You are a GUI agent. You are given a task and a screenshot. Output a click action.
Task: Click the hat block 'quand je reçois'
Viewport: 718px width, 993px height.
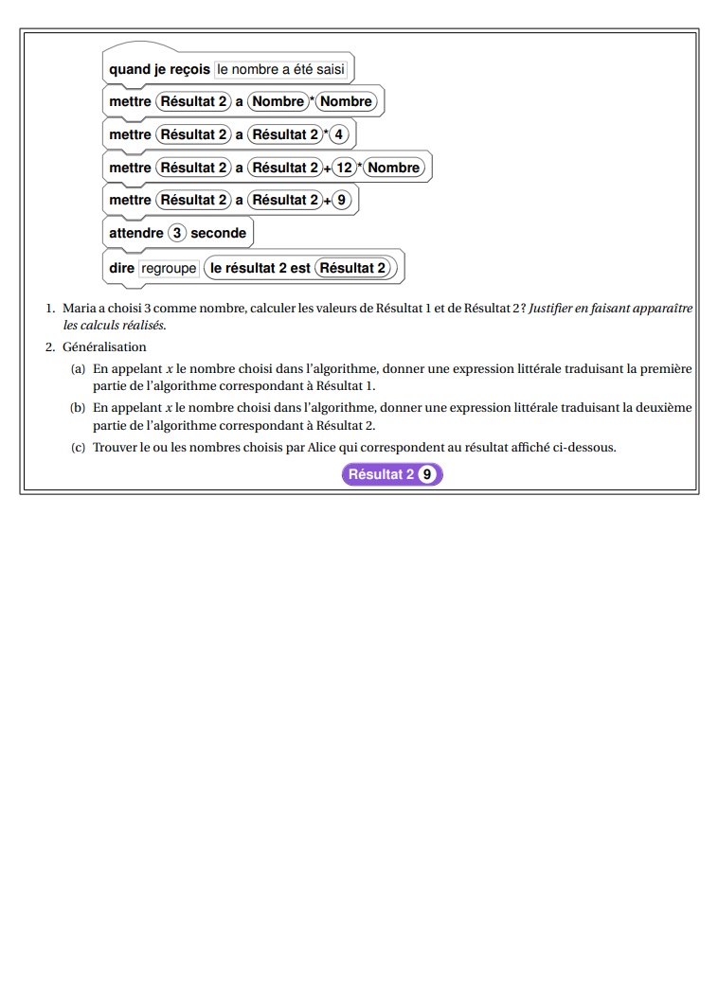(159, 69)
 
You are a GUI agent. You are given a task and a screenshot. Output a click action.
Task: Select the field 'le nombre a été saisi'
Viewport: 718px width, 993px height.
(282, 69)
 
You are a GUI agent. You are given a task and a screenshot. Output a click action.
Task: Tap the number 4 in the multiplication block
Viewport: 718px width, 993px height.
(340, 134)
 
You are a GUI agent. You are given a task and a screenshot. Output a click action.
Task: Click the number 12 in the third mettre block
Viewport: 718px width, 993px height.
(343, 168)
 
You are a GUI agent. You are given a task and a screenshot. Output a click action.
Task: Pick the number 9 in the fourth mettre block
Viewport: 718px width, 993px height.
(343, 200)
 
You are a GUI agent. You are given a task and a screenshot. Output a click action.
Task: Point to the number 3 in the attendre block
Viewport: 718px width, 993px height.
(177, 233)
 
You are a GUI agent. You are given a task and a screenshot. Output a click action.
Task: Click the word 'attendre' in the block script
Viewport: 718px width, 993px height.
(136, 233)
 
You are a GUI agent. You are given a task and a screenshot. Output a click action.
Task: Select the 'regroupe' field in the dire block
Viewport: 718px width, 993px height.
(169, 268)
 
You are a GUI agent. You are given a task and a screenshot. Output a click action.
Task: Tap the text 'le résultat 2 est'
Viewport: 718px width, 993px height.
(260, 268)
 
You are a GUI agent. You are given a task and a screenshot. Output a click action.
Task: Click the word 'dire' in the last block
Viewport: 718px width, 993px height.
(121, 268)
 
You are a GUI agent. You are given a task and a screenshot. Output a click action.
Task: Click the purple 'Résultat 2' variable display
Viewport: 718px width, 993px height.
(382, 474)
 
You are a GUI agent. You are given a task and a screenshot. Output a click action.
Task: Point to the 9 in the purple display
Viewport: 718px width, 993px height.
(428, 474)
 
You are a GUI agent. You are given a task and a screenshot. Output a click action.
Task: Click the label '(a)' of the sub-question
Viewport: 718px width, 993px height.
(79, 368)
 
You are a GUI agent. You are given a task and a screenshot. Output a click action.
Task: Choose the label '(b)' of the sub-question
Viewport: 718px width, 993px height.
(79, 408)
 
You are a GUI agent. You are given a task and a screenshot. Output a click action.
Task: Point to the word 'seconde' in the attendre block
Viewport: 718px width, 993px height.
(218, 233)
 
